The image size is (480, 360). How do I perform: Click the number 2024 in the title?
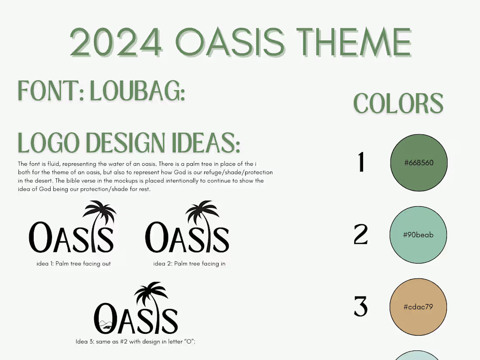pyautogui.click(x=116, y=42)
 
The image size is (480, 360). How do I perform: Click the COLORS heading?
pyautogui.click(x=398, y=103)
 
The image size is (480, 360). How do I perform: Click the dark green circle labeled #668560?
pyautogui.click(x=419, y=163)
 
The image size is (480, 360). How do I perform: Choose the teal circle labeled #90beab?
pyautogui.click(x=418, y=235)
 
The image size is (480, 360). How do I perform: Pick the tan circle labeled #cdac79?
pyautogui.click(x=418, y=307)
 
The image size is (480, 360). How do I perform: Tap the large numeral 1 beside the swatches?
pyautogui.click(x=361, y=162)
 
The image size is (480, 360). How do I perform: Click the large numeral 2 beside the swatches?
pyautogui.click(x=361, y=234)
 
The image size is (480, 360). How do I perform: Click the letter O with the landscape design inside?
pyautogui.click(x=105, y=319)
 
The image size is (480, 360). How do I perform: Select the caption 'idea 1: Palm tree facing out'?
pyautogui.click(x=73, y=264)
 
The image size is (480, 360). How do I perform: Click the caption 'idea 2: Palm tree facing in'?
pyautogui.click(x=189, y=264)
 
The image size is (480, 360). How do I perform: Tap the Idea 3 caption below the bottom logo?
pyautogui.click(x=135, y=341)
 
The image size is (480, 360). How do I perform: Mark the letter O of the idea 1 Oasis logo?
pyautogui.click(x=40, y=237)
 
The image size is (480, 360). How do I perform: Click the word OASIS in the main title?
pyautogui.click(x=230, y=42)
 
